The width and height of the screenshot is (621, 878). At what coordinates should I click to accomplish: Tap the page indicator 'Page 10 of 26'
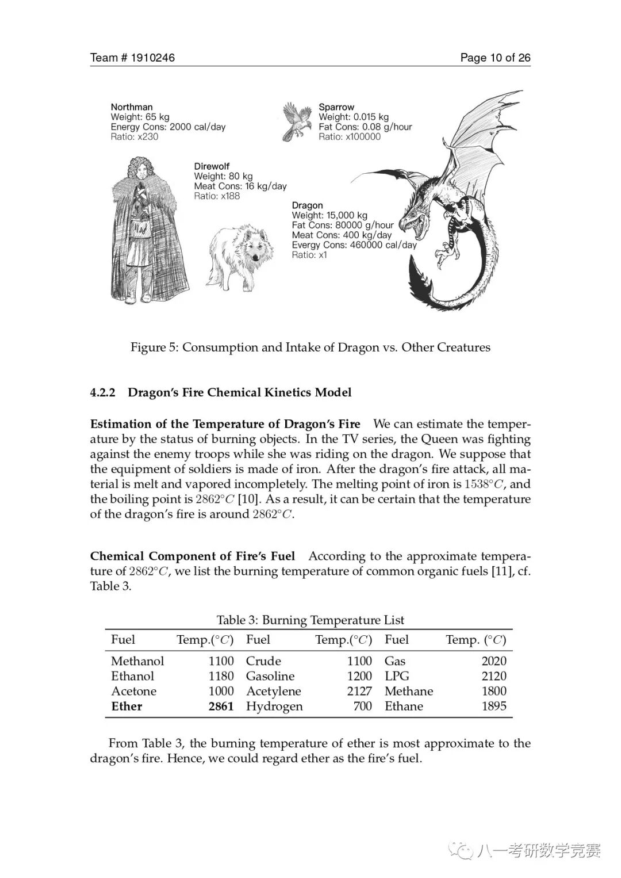click(x=495, y=58)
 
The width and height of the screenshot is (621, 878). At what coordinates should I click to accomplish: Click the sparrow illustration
click(x=297, y=121)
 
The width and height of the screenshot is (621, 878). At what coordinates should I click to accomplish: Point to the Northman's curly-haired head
click(x=139, y=170)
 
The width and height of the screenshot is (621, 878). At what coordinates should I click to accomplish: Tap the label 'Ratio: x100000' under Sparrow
click(x=350, y=137)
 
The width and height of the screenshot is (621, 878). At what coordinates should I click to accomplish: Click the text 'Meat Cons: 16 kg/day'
click(x=240, y=186)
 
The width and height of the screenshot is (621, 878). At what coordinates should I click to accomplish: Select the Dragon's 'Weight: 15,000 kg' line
click(x=329, y=216)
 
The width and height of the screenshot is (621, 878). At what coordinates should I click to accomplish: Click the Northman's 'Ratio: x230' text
click(x=135, y=137)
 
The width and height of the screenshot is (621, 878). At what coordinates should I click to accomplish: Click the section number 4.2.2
click(x=103, y=392)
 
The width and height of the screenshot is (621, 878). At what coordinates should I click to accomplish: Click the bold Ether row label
click(x=126, y=707)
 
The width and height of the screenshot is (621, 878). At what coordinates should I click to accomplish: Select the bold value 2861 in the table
click(x=221, y=707)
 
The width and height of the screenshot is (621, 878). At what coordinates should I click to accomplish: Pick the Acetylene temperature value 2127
click(x=359, y=692)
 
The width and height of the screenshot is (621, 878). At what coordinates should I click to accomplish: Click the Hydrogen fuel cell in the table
click(x=274, y=707)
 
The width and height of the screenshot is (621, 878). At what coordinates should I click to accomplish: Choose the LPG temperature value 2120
click(x=494, y=677)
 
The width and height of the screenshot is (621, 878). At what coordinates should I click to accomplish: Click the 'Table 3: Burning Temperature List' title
click(x=310, y=620)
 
